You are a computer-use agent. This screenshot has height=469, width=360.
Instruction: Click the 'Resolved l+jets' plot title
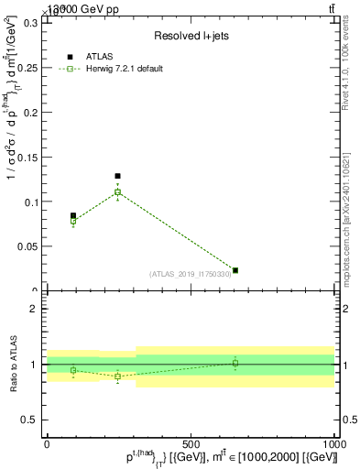[x=190, y=36]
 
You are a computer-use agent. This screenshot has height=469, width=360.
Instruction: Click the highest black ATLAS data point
[x=117, y=176]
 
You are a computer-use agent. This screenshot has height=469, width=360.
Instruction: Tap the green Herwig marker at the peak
[x=117, y=192]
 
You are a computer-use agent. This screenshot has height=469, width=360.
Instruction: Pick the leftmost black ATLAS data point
[x=73, y=216]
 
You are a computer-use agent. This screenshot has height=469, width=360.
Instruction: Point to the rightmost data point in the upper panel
[x=235, y=270]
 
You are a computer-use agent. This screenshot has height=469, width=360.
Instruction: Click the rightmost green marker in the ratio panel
[x=235, y=364]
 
